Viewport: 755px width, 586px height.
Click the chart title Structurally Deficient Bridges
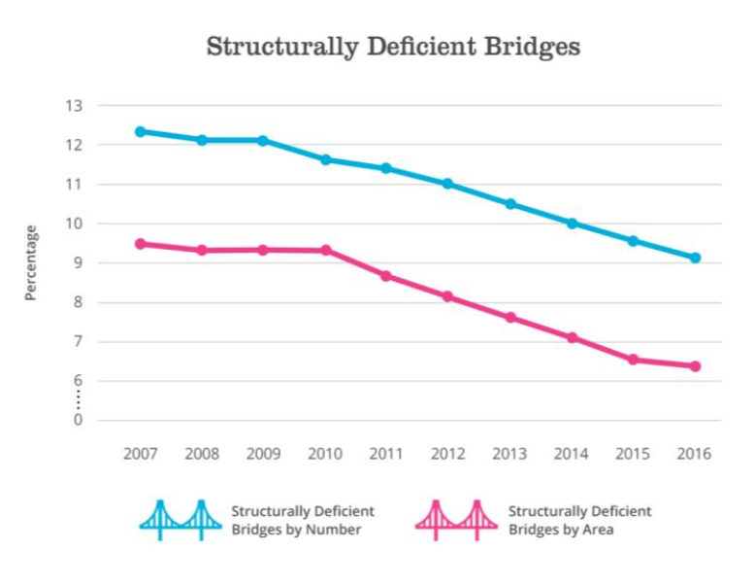393,47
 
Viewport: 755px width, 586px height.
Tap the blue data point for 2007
140,131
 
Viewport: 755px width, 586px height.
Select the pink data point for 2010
325,251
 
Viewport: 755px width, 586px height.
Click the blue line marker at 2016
695,259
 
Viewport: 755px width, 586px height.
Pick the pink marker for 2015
633,360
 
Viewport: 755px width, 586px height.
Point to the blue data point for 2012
447,184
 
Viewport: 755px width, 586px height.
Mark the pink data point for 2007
140,244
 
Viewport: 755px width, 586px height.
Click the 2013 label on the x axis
509,454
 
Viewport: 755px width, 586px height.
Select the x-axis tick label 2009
263,454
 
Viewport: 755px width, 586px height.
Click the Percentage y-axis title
31,262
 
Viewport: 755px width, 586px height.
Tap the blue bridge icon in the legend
181,520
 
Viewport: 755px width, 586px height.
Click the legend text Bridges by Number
296,530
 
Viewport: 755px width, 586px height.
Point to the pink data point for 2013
509,318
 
